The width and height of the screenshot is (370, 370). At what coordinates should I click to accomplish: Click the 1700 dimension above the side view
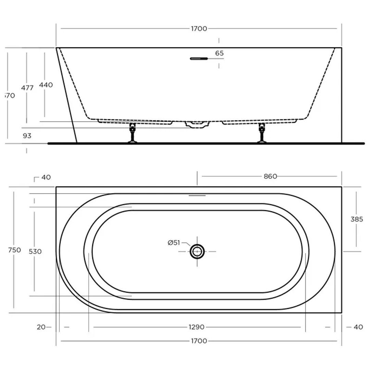[x=199, y=29]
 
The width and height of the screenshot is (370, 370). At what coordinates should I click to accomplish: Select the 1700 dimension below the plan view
[x=199, y=341]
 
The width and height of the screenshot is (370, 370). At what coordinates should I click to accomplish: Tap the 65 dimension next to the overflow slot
[x=219, y=53]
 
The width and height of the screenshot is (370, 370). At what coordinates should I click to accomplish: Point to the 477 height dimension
[x=27, y=88]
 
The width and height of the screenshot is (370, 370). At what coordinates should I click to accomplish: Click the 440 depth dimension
[x=46, y=85]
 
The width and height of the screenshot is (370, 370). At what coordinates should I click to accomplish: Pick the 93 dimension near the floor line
[x=27, y=136]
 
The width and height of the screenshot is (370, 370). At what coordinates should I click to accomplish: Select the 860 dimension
[x=270, y=176]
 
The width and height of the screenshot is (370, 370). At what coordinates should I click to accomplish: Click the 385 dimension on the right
[x=357, y=219]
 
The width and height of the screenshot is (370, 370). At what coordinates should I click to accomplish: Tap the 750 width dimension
[x=14, y=250]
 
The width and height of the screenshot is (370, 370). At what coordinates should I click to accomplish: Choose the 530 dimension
[x=35, y=251]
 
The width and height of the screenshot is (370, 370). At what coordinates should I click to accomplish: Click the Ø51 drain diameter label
[x=174, y=243]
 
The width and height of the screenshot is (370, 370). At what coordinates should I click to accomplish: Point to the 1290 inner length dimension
[x=197, y=327]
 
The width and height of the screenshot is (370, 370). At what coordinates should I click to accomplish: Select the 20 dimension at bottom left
[x=41, y=327]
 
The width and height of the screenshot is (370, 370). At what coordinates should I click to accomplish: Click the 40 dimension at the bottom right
[x=358, y=327]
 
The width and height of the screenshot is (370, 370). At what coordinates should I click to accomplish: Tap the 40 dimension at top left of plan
[x=46, y=177]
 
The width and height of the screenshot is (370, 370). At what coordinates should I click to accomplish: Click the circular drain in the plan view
[x=197, y=251]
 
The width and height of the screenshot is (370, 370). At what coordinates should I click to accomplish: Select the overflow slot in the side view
[x=199, y=59]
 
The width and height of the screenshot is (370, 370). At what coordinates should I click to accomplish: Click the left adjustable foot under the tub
[x=132, y=134]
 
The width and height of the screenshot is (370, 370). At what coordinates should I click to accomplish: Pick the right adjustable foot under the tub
[x=262, y=134]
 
